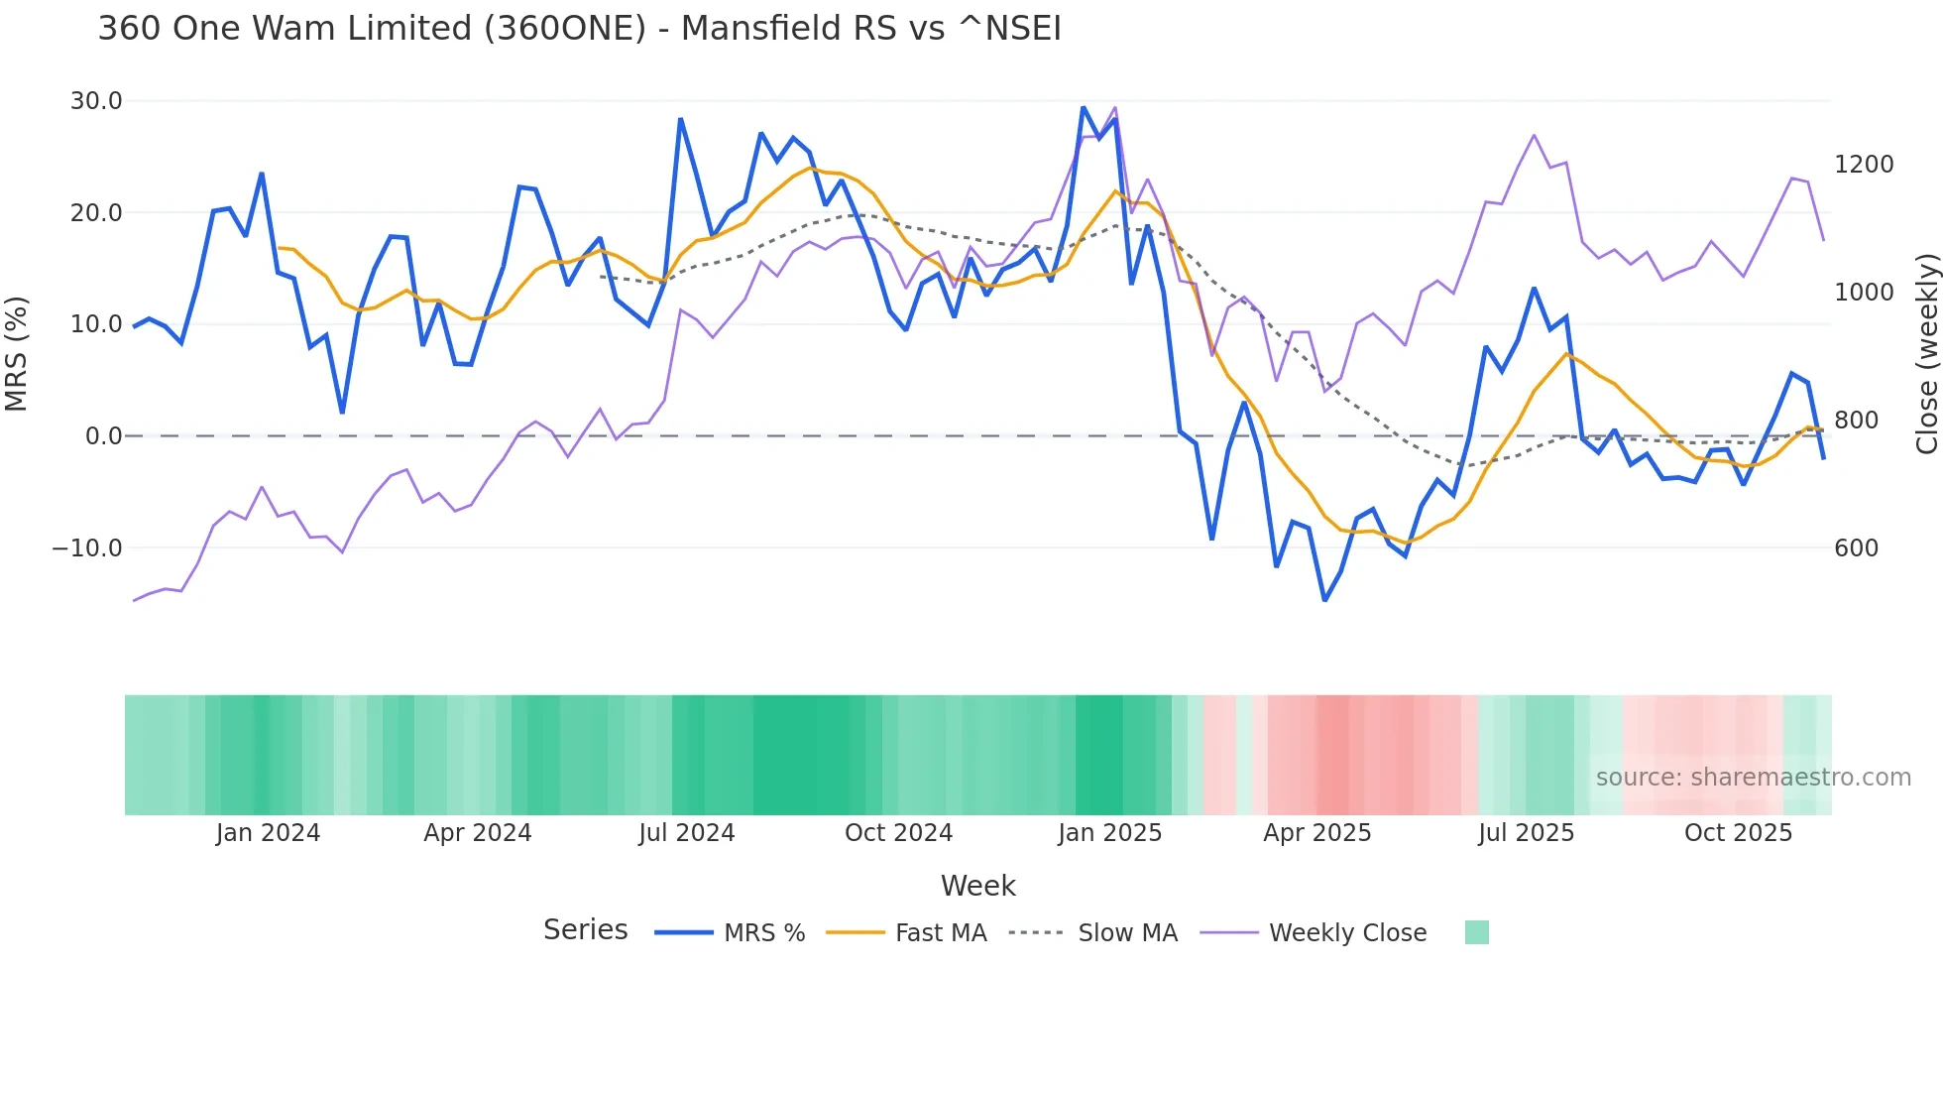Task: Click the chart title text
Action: point(579,29)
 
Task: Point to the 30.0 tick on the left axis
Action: point(96,101)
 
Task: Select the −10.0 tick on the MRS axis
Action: point(87,548)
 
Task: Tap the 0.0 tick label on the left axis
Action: point(103,436)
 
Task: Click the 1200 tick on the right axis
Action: point(1863,165)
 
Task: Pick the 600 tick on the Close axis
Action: point(1856,548)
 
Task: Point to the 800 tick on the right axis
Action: point(1856,421)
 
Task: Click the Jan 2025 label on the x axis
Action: point(1109,833)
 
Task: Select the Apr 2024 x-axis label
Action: point(478,833)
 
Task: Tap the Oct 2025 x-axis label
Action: point(1738,833)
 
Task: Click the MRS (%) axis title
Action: point(17,353)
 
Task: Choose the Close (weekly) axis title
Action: point(1926,353)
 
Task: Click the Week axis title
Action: point(977,886)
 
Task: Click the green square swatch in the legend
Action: point(1476,932)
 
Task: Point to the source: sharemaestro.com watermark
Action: point(1753,778)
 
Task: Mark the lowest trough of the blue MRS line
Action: point(1324,600)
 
